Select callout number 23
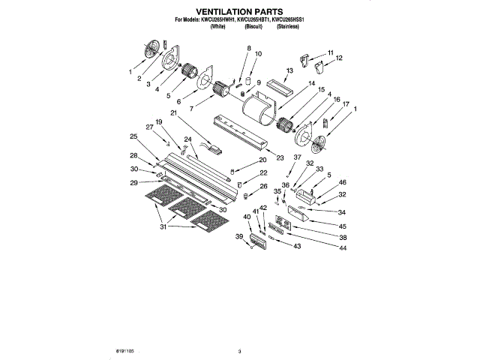coord(280,157)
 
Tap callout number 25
coord(133,136)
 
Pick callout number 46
coord(343,181)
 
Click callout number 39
coord(240,236)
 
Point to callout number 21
coord(172,113)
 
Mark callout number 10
coord(259,54)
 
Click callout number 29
coord(134,183)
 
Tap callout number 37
coord(297,157)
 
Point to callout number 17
coord(346,105)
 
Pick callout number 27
coord(149,127)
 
